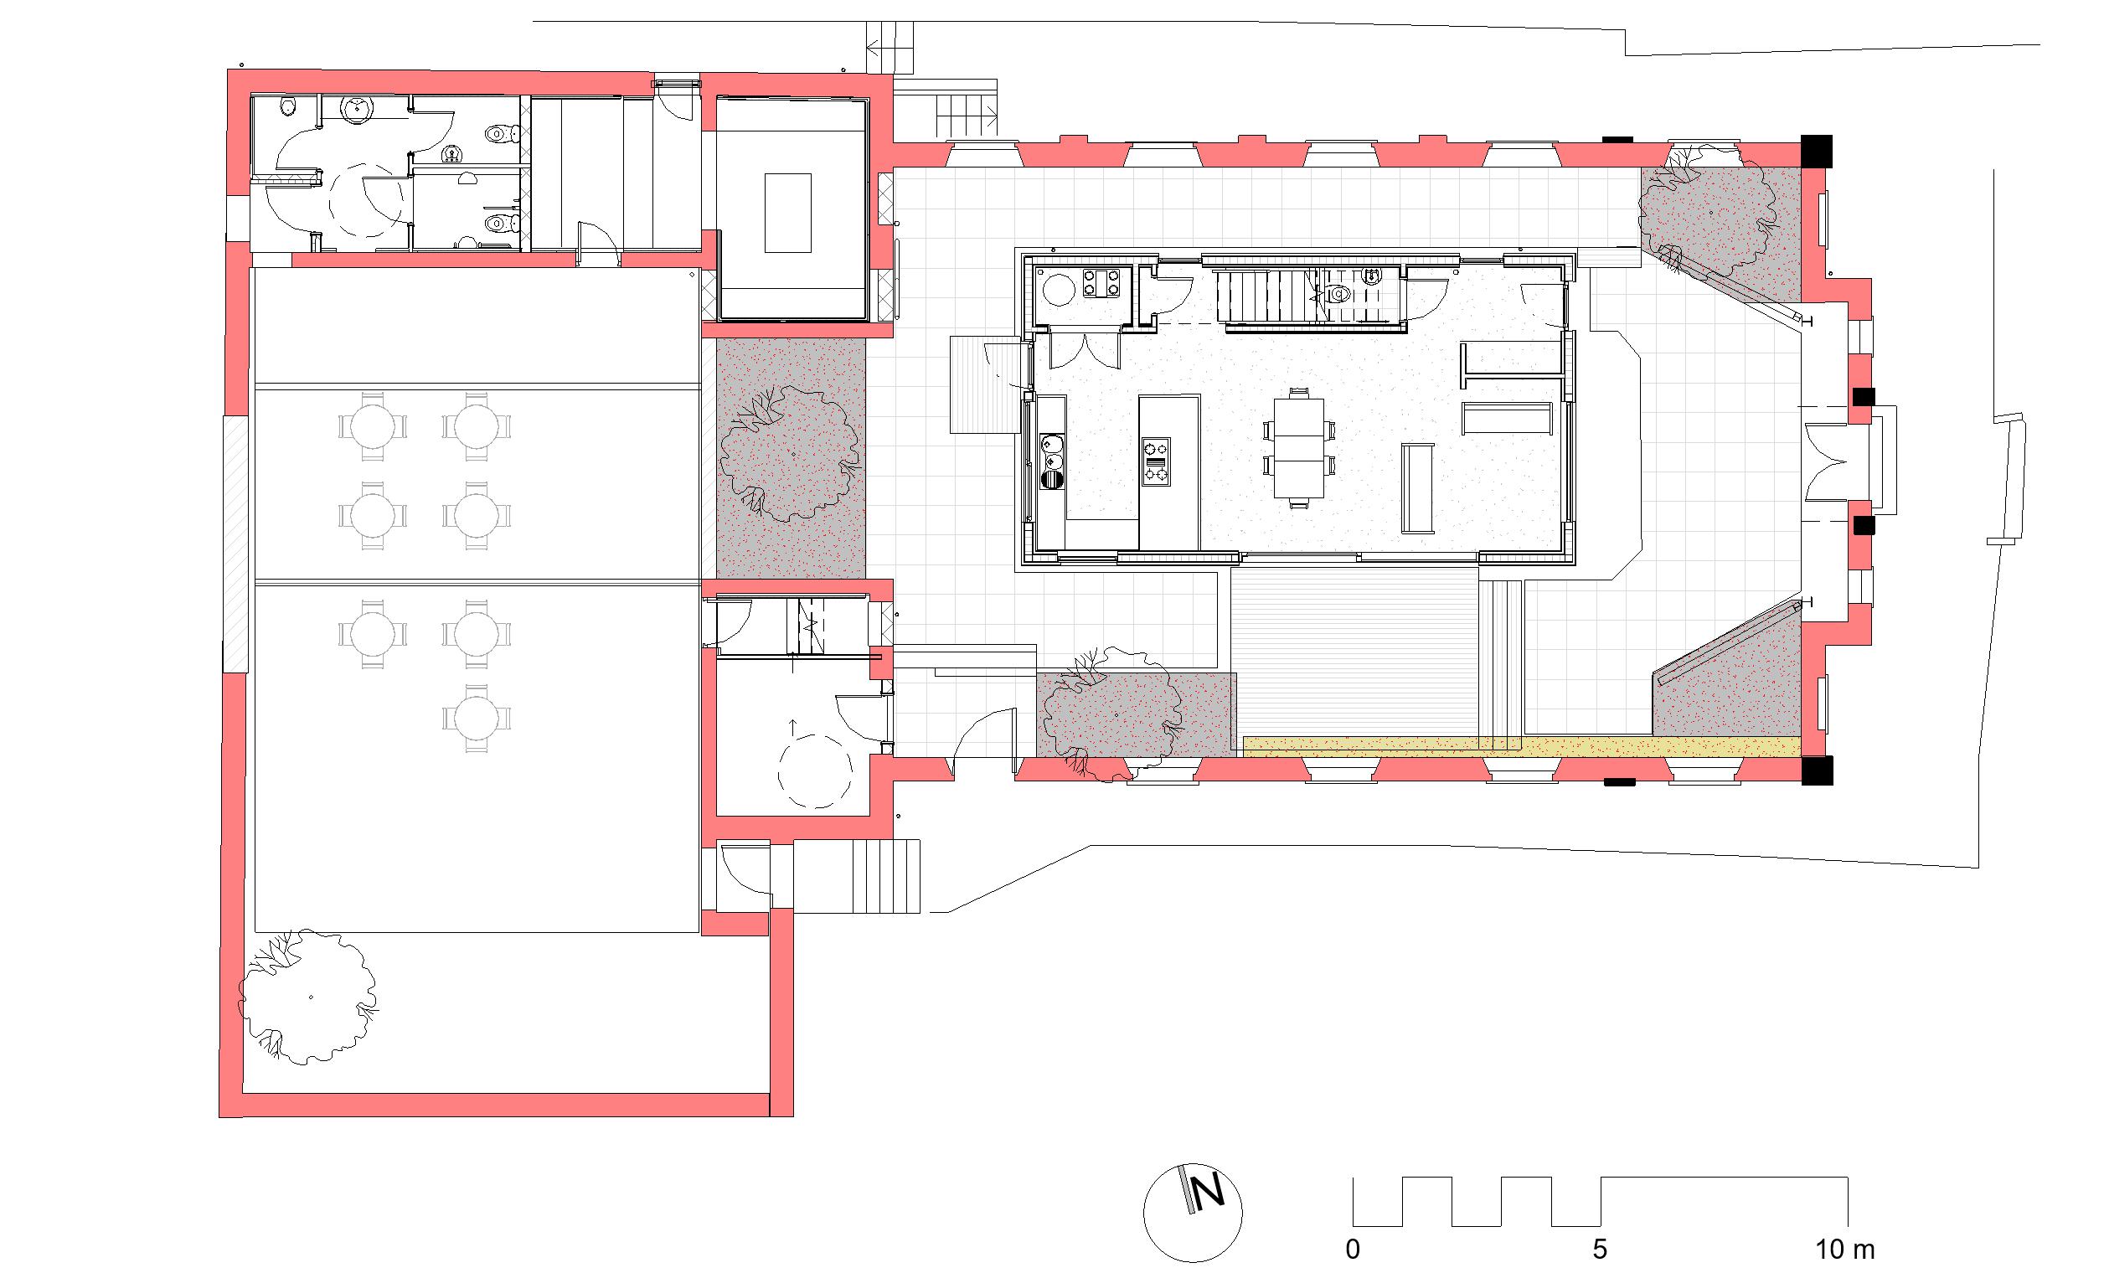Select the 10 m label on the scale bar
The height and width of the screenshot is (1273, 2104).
[x=1844, y=1250]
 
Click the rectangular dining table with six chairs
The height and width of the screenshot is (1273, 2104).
[x=1298, y=448]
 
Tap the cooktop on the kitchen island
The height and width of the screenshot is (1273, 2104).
[x=1156, y=461]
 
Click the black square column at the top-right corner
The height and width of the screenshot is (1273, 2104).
[x=1816, y=152]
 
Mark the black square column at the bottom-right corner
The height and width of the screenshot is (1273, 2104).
[x=1816, y=771]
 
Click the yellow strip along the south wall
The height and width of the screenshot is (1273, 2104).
[x=1522, y=747]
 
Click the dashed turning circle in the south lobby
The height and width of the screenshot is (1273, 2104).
[x=815, y=771]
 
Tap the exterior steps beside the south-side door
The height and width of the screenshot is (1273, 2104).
[x=886, y=876]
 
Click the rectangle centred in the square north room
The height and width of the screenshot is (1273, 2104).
[x=787, y=213]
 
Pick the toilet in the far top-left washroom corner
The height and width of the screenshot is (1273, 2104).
[x=289, y=106]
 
